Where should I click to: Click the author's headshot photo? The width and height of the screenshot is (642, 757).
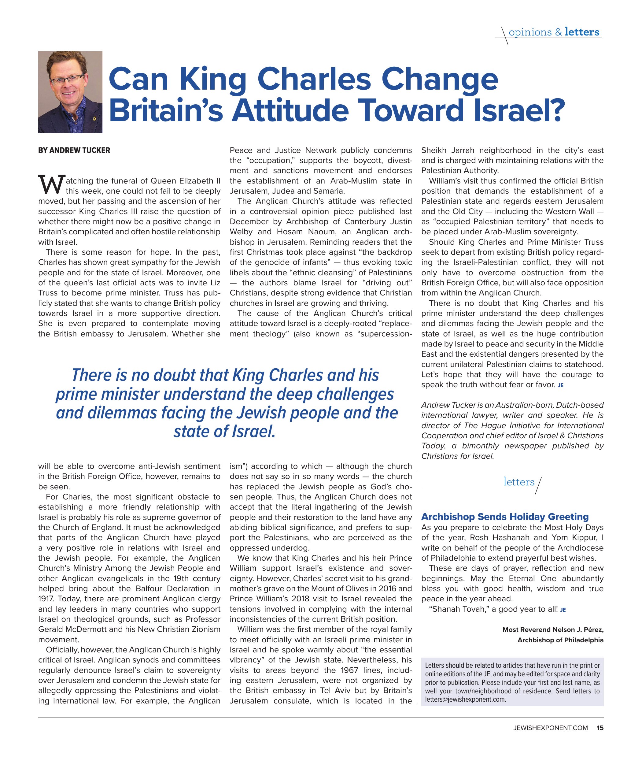pyautogui.click(x=70, y=92)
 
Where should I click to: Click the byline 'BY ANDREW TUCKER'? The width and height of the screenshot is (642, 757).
pyautogui.click(x=74, y=150)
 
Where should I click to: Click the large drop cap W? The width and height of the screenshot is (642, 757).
pyautogui.click(x=51, y=185)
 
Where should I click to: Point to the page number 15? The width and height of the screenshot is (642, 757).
pyautogui.click(x=600, y=728)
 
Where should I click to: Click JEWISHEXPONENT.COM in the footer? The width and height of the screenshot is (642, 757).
pyautogui.click(x=551, y=728)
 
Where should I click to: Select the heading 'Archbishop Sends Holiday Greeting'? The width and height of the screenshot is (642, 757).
pyautogui.click(x=505, y=516)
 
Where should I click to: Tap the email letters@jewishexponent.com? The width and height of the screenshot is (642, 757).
pyautogui.click(x=466, y=699)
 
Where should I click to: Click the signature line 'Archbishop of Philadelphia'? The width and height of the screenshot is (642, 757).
pyautogui.click(x=560, y=640)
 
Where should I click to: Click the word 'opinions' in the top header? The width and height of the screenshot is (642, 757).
pyautogui.click(x=530, y=32)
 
